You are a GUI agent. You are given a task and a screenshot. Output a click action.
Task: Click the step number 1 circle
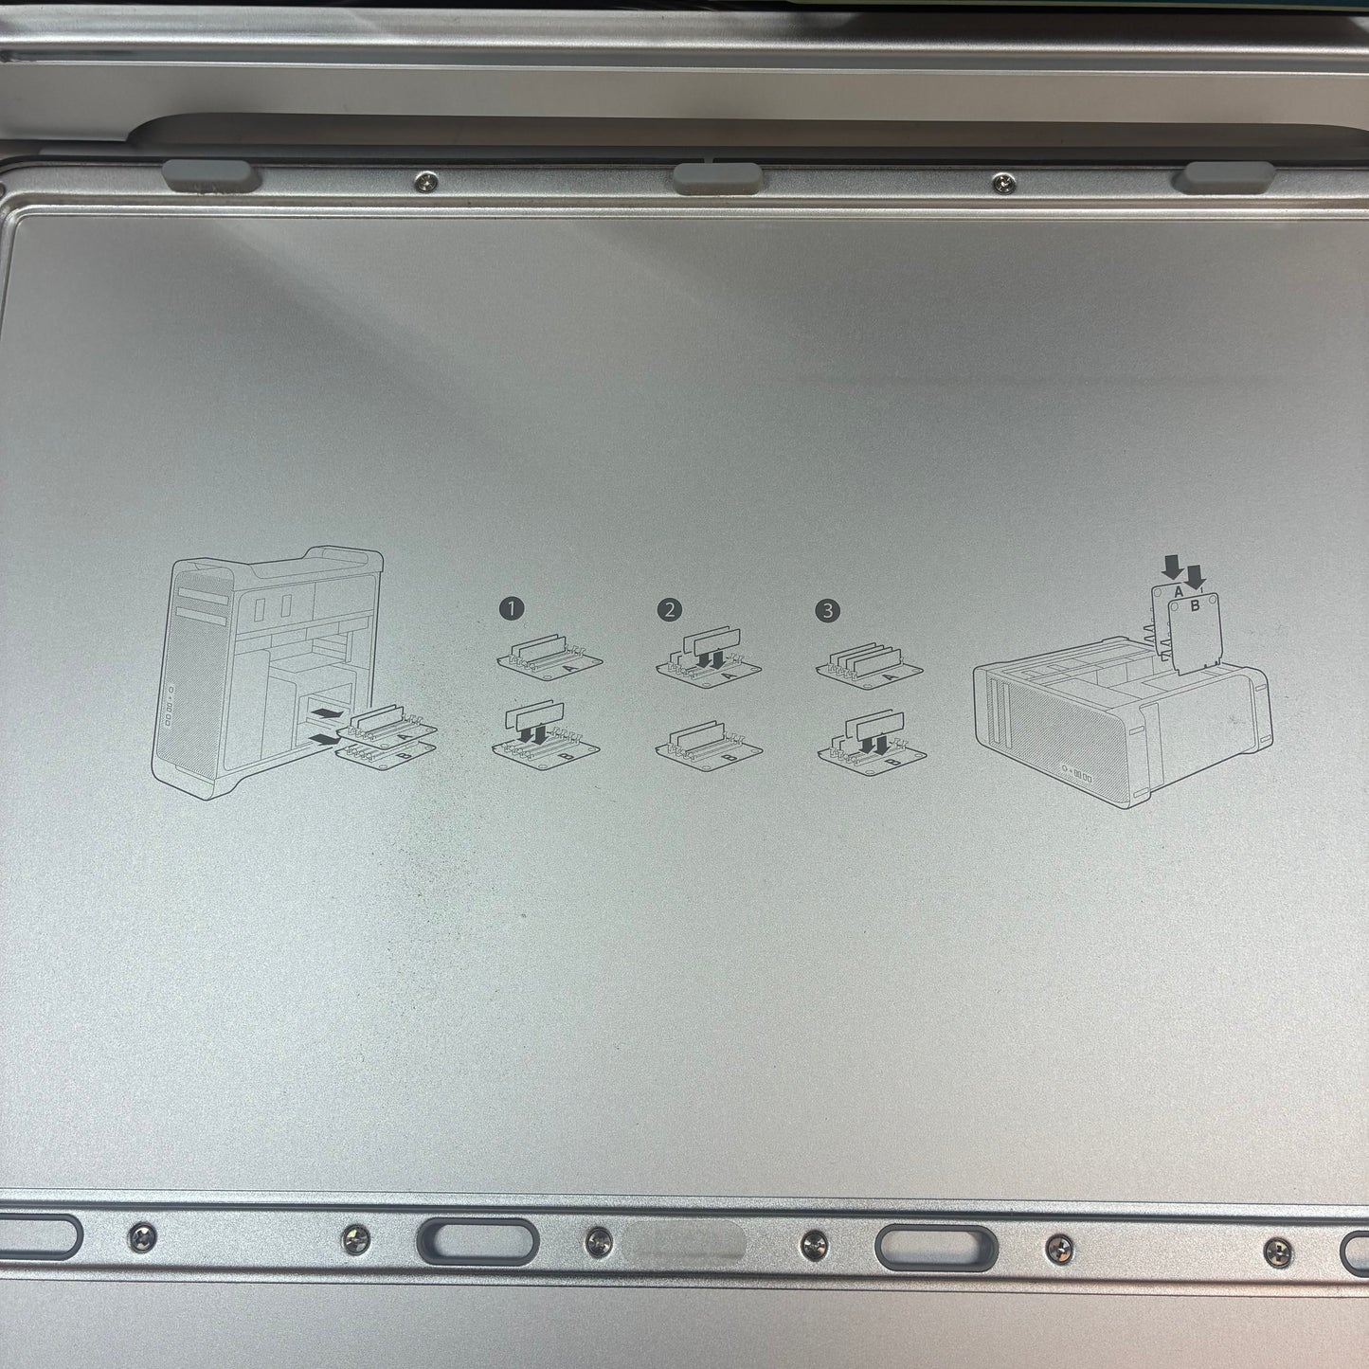click(511, 609)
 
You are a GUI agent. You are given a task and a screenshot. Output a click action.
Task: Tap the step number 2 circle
click(669, 609)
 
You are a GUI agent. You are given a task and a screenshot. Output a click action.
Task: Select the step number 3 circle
click(827, 610)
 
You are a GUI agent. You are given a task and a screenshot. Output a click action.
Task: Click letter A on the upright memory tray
click(1178, 591)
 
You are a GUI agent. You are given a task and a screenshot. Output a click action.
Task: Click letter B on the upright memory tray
click(1195, 605)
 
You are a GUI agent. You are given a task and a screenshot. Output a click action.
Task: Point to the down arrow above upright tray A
click(1172, 567)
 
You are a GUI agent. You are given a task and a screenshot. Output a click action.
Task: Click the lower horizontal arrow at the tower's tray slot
click(325, 740)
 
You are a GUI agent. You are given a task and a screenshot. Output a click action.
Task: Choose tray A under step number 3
click(869, 661)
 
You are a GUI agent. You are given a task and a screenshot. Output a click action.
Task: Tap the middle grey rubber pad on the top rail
click(717, 177)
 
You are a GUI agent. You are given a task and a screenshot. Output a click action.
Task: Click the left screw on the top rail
click(425, 182)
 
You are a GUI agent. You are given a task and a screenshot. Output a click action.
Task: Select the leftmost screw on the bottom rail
click(142, 1237)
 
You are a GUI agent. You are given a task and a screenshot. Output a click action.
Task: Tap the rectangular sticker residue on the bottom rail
click(685, 1240)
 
